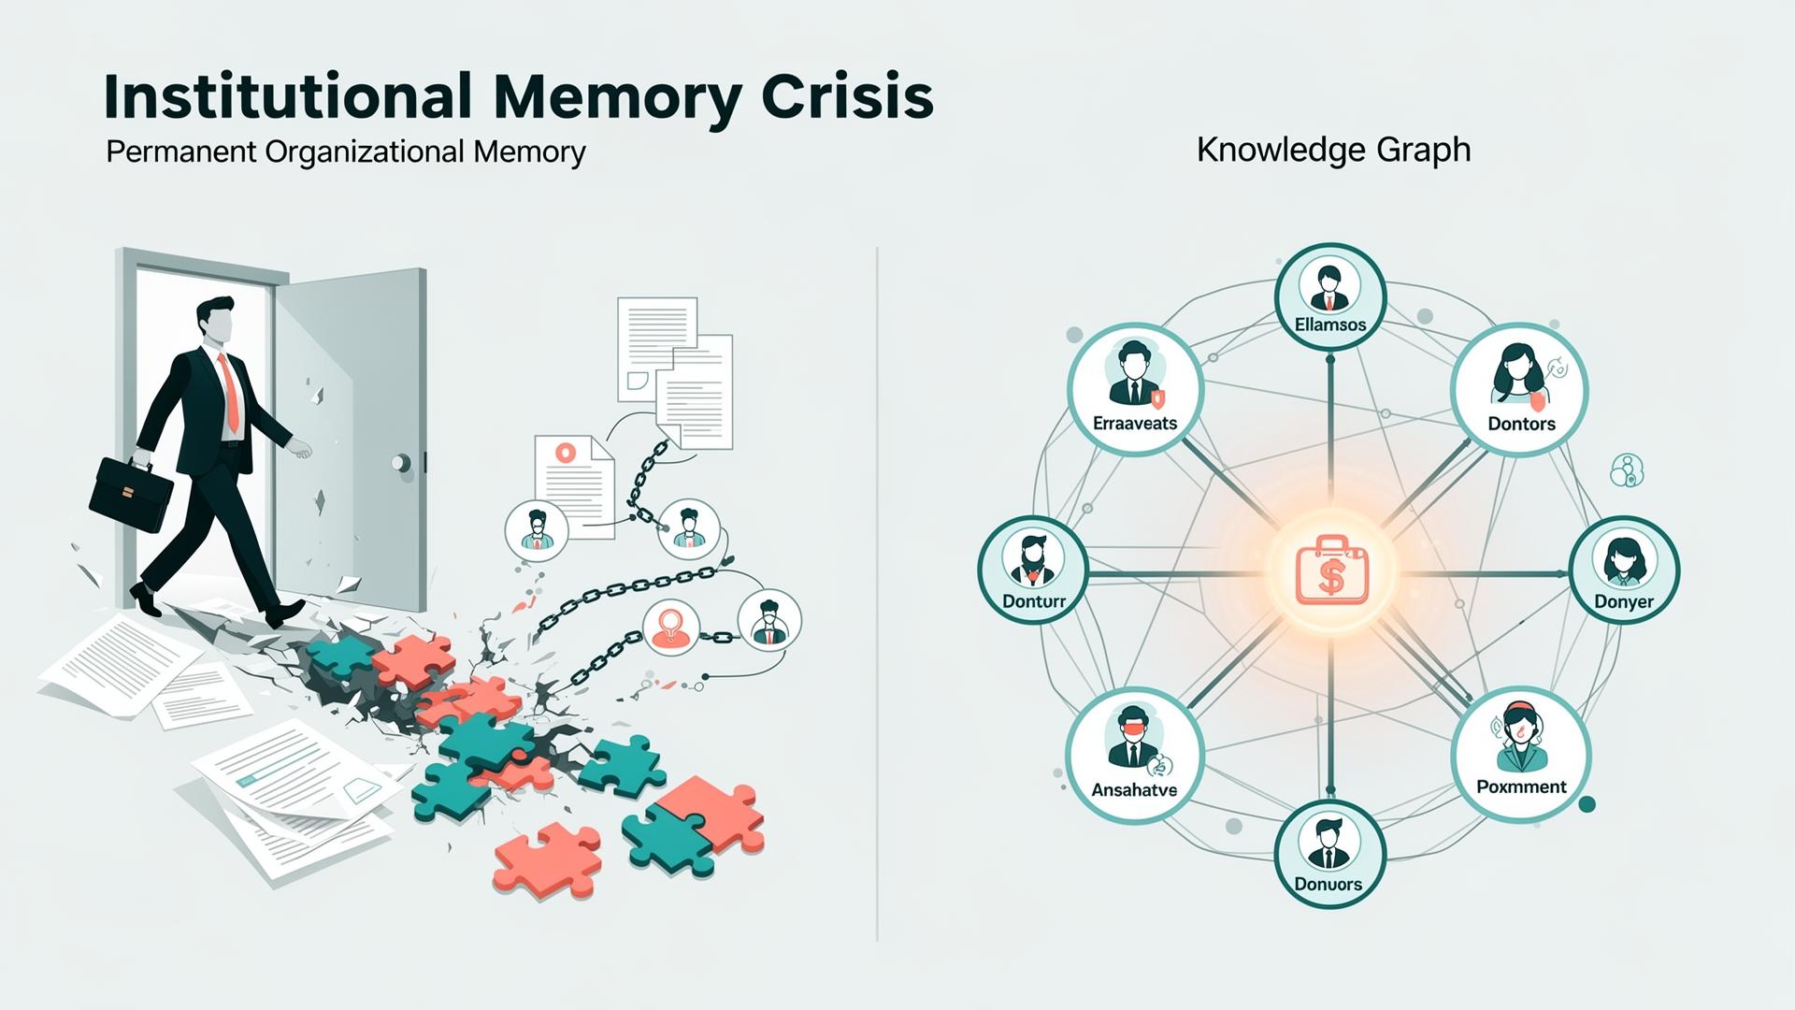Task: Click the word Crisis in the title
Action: pos(847,96)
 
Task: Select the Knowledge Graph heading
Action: pos(1333,150)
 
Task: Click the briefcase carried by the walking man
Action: pos(130,494)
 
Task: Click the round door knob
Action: pos(401,462)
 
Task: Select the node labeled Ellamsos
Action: pos(1330,296)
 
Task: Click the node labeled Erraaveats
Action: pos(1135,389)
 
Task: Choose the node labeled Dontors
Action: pos(1520,389)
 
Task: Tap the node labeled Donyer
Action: pos(1624,570)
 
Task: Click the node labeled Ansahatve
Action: pos(1134,756)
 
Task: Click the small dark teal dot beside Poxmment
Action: pos(1586,803)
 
